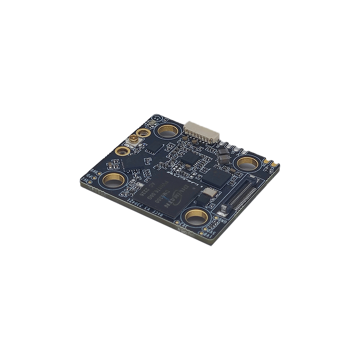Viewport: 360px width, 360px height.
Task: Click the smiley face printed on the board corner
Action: tap(158, 119)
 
